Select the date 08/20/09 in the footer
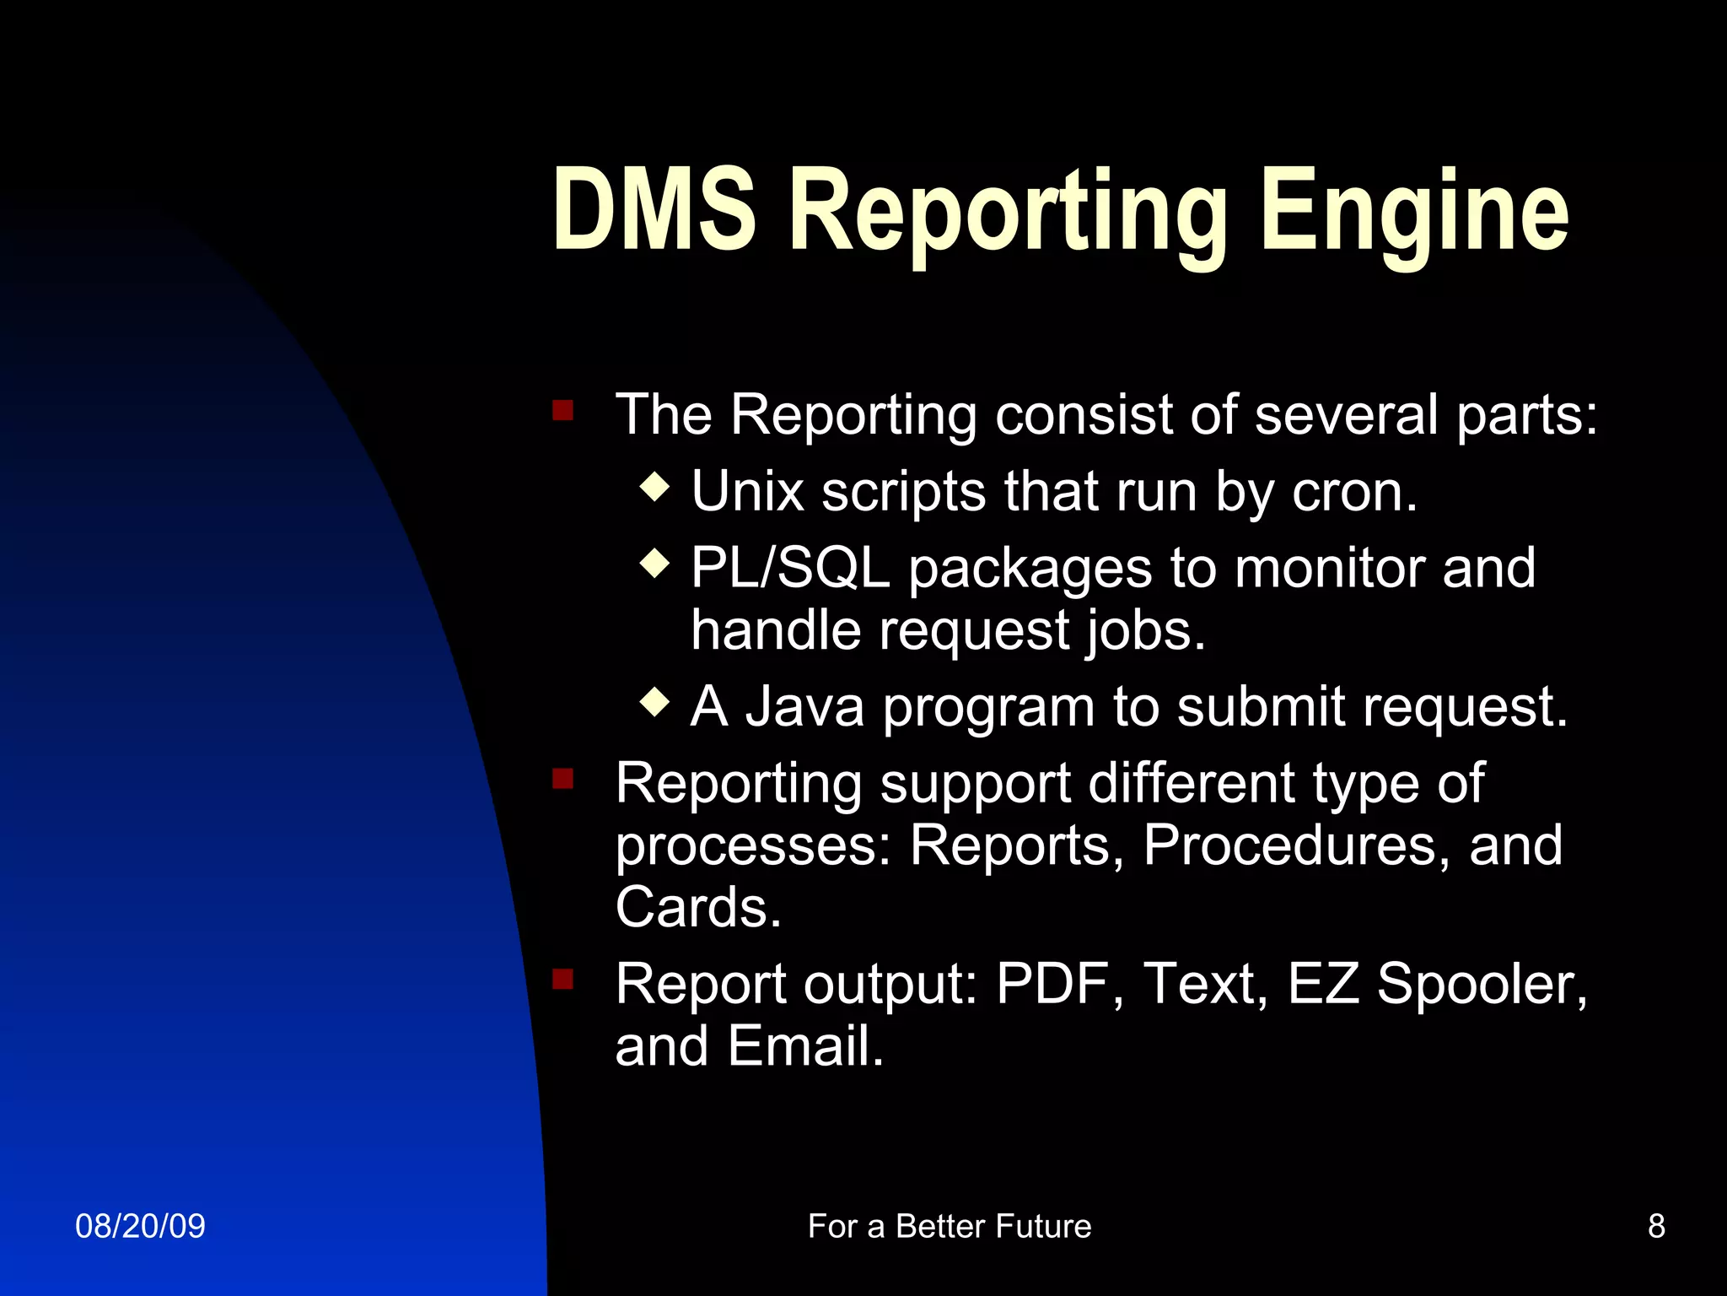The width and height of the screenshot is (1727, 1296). pyautogui.click(x=140, y=1226)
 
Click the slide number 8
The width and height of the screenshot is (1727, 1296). pyautogui.click(x=1656, y=1226)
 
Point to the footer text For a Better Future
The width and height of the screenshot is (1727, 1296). pyautogui.click(x=950, y=1226)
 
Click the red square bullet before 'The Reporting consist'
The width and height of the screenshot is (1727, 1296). pyautogui.click(x=562, y=411)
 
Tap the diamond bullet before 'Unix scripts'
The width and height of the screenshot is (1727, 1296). pyautogui.click(x=655, y=487)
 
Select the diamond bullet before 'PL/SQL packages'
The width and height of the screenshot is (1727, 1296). pyautogui.click(x=655, y=563)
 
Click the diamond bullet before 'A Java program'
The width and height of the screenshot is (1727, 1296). pyautogui.click(x=655, y=701)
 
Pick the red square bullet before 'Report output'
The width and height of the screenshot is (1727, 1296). pyautogui.click(x=562, y=980)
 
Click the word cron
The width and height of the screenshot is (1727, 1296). pyautogui.click(x=1354, y=492)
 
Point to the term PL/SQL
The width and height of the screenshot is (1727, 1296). pyautogui.click(x=790, y=568)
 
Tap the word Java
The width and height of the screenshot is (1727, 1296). pyautogui.click(x=804, y=706)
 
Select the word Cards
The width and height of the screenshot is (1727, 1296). pyautogui.click(x=698, y=907)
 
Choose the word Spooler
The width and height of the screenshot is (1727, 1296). pyautogui.click(x=1482, y=985)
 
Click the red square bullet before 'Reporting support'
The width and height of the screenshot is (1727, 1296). pyautogui.click(x=562, y=777)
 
